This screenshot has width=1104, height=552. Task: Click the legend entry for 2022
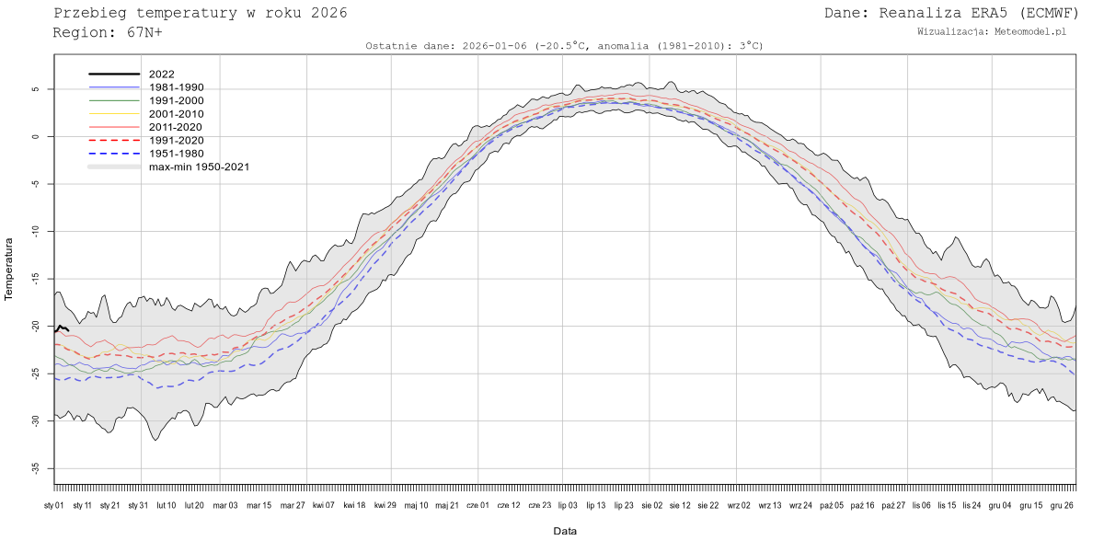point(161,74)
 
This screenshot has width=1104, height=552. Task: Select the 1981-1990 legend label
point(176,87)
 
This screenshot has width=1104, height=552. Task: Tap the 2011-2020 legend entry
point(176,127)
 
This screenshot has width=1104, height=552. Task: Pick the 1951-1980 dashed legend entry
point(176,154)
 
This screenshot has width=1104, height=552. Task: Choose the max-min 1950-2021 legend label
point(199,167)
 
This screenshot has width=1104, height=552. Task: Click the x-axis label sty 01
point(54,505)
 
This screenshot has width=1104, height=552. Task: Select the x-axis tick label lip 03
point(568,505)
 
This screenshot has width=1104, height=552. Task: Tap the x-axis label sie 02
point(651,505)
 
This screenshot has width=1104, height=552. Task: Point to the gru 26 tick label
point(1062,505)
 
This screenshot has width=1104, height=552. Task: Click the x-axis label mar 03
point(224,505)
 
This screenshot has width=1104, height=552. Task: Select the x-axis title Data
point(565,531)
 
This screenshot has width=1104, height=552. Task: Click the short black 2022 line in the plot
point(61,328)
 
